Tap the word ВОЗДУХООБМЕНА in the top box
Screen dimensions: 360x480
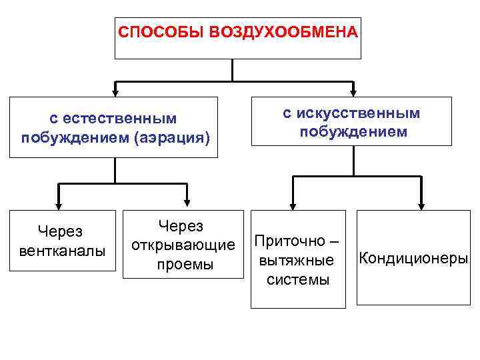pyautogui.click(x=283, y=32)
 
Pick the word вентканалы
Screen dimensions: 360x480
pyautogui.click(x=63, y=250)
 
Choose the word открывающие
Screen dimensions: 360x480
pyautogui.click(x=184, y=245)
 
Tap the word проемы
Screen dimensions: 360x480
pyautogui.click(x=184, y=264)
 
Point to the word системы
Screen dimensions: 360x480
pyautogui.click(x=297, y=279)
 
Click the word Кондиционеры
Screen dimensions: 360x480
pyautogui.click(x=413, y=257)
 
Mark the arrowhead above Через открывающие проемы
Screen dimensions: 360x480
pyautogui.click(x=186, y=203)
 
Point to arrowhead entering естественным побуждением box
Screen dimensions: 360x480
pyautogui.click(x=115, y=92)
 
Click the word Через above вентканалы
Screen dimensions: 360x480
pyautogui.click(x=60, y=231)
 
